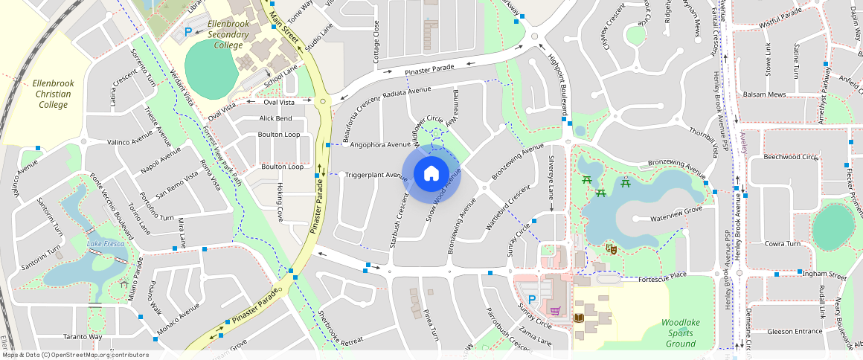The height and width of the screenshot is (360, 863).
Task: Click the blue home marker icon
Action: coord(431,174)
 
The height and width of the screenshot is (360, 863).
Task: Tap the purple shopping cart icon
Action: coord(554,310)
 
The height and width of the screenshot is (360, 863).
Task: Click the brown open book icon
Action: coord(579,318)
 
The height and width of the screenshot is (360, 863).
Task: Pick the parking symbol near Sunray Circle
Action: coord(532,298)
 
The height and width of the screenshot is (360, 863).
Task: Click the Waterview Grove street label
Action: coord(676,219)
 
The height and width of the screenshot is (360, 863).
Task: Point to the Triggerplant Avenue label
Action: coord(376,176)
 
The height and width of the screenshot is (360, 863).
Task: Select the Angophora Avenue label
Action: coord(379,144)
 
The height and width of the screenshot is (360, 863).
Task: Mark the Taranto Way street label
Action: coord(82,337)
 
